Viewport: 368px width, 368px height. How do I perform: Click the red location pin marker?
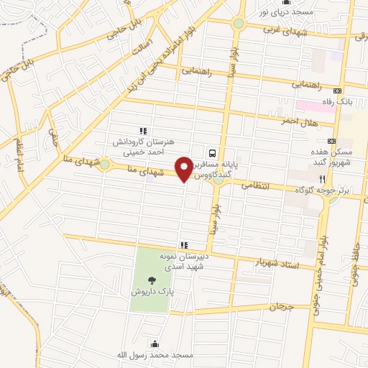click(185, 167)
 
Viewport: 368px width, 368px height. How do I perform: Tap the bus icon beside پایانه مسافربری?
click(212, 152)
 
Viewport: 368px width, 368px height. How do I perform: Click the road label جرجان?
click(282, 306)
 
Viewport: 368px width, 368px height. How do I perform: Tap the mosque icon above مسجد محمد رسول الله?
click(154, 344)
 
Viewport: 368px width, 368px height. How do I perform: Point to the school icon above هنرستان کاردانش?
click(143, 131)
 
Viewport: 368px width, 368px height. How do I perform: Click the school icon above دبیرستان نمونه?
click(184, 244)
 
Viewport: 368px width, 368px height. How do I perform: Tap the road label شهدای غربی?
click(285, 30)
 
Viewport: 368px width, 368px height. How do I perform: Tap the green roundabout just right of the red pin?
click(218, 179)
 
